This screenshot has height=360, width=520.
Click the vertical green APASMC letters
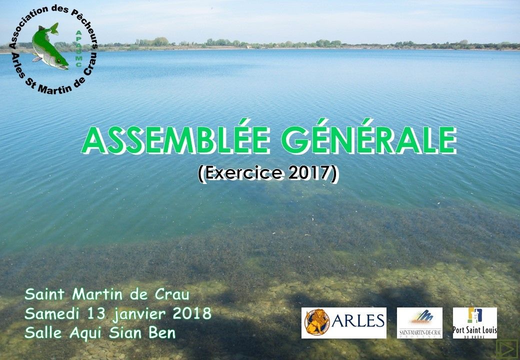79,48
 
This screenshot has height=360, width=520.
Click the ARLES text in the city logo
358,321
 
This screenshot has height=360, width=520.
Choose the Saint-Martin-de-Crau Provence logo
419,323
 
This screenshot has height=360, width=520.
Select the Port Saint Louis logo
475,323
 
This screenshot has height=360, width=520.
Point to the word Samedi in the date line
51,313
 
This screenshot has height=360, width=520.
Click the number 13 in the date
94,313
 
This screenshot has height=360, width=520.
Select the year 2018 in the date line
192,313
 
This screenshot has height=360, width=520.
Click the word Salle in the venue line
43,333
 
